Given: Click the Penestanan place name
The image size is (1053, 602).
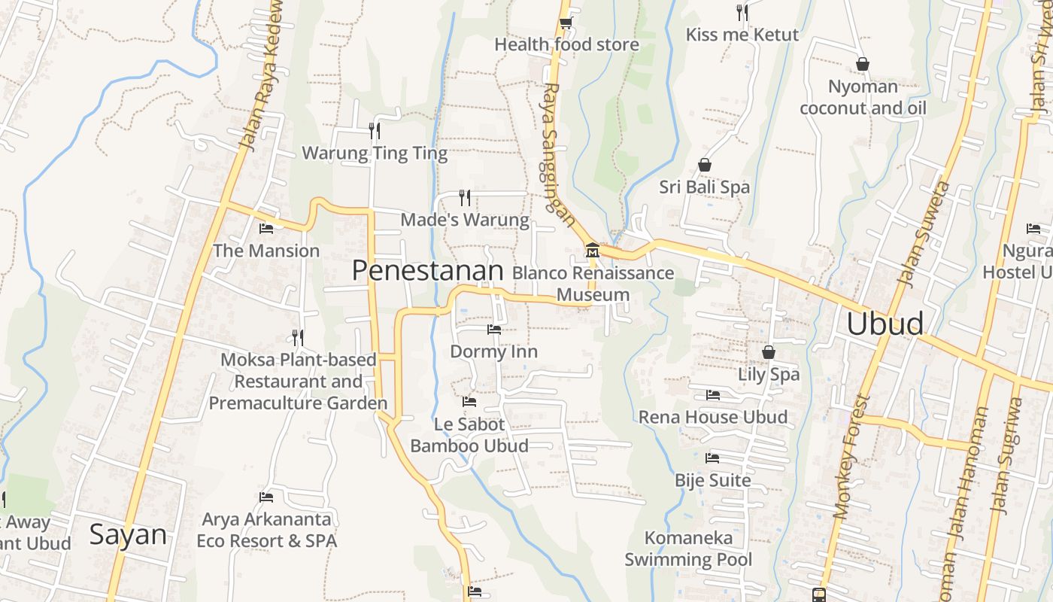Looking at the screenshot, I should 427,271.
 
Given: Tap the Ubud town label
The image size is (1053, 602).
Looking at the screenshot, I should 885,324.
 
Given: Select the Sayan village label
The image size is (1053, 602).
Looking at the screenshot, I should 128,535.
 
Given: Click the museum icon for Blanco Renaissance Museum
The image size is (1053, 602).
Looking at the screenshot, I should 592,249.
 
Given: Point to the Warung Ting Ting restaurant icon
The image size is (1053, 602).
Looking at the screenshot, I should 374,131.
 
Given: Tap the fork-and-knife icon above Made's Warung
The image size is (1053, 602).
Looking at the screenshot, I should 465,197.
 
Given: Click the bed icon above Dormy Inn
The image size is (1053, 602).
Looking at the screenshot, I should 494,330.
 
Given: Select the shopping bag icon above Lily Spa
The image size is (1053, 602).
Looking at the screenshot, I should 769,351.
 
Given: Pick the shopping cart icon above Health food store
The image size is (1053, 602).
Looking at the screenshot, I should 566,22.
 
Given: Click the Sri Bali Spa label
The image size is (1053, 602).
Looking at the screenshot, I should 705,187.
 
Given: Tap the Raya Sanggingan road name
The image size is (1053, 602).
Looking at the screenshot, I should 559,154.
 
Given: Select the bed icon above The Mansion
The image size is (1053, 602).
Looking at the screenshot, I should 266,229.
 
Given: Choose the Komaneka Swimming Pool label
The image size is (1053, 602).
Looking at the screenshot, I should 688,549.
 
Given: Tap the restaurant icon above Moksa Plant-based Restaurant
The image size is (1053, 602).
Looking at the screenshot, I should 298,337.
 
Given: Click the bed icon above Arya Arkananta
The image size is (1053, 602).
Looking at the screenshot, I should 266,497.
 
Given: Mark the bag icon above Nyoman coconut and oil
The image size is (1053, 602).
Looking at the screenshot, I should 862,64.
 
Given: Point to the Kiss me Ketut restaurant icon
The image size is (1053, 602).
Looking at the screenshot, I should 742,12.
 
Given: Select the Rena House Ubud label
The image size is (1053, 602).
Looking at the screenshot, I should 713,417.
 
